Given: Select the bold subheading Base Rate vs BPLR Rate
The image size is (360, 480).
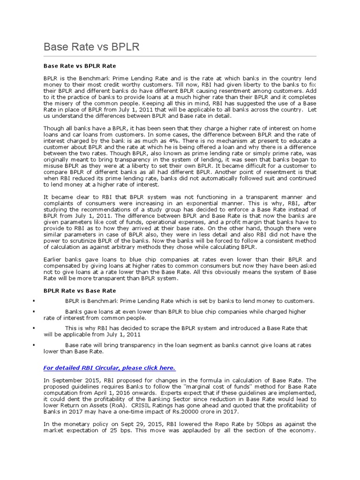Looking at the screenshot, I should [79, 66].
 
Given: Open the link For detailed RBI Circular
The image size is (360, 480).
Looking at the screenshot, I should [109, 367].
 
